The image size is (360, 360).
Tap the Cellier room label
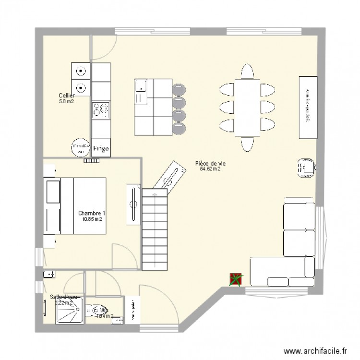click(x=66, y=96)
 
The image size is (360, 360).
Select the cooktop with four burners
click(x=101, y=110)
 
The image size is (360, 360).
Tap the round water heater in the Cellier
click(x=80, y=148)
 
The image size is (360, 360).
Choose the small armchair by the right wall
click(x=305, y=168)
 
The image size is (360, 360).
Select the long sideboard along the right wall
click(x=309, y=107)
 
